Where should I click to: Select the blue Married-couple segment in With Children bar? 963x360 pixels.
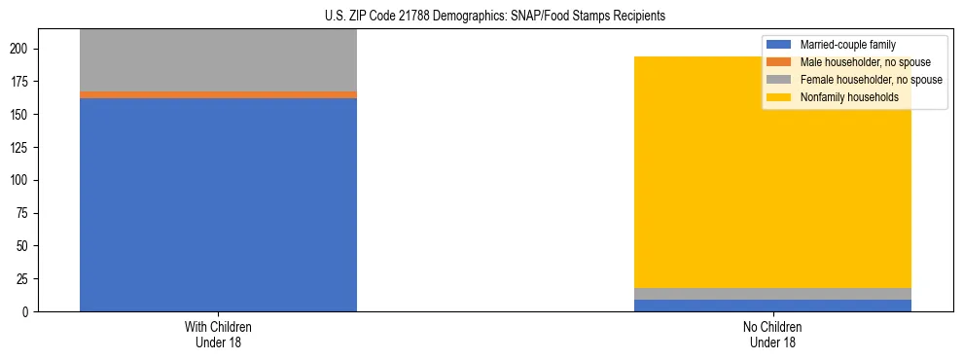(218, 204)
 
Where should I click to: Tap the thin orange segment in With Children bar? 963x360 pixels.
(218, 94)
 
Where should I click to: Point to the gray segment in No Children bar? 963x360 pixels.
(772, 294)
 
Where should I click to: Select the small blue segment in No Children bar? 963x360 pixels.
(772, 306)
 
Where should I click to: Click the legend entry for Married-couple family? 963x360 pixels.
(847, 45)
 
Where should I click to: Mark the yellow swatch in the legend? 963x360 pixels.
(779, 97)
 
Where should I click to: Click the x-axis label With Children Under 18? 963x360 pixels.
(218, 334)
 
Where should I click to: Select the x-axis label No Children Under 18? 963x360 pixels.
(772, 334)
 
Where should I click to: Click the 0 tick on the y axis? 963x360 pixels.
(32, 311)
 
